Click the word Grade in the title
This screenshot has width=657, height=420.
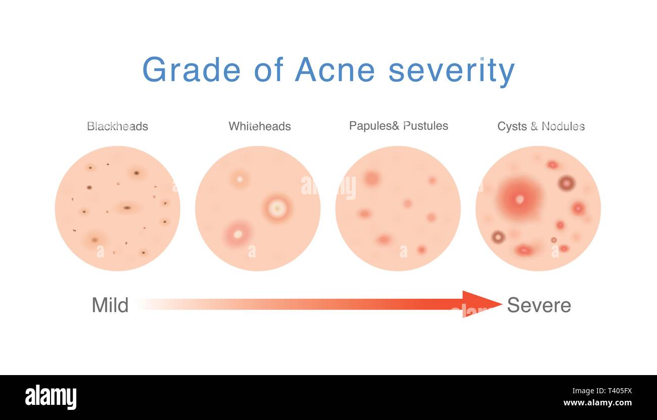pos(191,70)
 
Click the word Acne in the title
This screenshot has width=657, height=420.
pos(335,69)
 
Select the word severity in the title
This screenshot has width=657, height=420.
pos(452,72)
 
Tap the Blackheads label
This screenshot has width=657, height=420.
pos(117,126)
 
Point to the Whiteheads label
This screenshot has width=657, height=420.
pos(260,126)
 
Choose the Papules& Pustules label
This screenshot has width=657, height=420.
pos(398,126)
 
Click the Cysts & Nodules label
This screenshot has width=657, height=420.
pos(541,126)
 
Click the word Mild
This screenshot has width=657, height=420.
pos(110,305)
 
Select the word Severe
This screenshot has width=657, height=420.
pos(539,305)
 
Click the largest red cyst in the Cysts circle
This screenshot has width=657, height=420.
pos(520,200)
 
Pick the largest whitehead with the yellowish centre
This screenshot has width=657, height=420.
pos(277,208)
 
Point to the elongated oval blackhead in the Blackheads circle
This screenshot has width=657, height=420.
pos(127,208)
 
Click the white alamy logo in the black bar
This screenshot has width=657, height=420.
pos(51,397)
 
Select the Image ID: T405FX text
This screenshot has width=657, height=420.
pos(602,391)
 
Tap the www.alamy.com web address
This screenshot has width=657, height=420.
pos(597,403)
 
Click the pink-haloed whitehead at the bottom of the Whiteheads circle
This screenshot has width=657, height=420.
pos(238,234)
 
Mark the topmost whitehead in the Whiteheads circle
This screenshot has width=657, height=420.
pos(240,179)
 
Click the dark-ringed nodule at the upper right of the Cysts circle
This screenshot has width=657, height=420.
pos(567,183)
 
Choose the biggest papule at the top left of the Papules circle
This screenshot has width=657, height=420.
pos(371,178)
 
